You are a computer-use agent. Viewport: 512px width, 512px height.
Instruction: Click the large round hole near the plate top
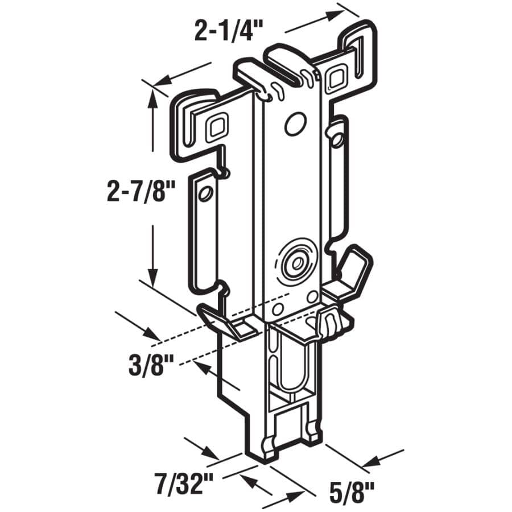point(294,123)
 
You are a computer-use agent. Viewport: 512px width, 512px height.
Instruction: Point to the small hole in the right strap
point(338,138)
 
